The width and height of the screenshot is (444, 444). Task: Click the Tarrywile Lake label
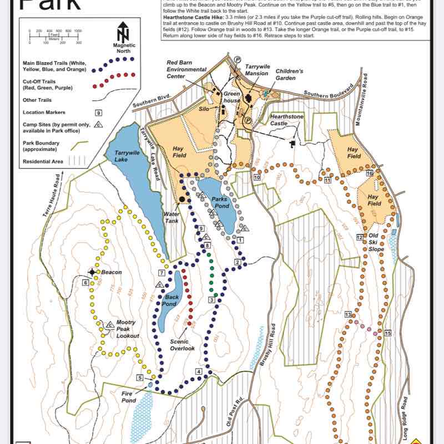pyautogui.click(x=129, y=156)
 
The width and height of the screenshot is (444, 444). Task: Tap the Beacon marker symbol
pyautogui.click(x=92, y=272)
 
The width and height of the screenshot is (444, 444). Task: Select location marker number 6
pyautogui.click(x=86, y=283)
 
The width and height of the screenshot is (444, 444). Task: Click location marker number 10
pyautogui.click(x=256, y=177)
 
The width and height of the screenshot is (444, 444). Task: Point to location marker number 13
pyautogui.click(x=349, y=315)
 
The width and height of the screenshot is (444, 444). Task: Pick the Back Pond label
pyautogui.click(x=171, y=300)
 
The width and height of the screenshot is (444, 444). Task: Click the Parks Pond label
pyautogui.click(x=220, y=202)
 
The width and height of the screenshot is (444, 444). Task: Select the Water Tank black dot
pyautogui.click(x=181, y=198)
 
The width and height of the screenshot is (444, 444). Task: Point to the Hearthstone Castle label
pyautogui.click(x=285, y=120)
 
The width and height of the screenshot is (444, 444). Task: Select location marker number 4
pyautogui.click(x=198, y=371)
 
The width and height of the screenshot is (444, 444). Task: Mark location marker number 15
pyautogui.click(x=387, y=333)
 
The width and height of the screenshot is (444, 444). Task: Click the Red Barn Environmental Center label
pyautogui.click(x=186, y=70)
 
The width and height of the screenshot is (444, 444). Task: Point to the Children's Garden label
pyautogui.click(x=289, y=75)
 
